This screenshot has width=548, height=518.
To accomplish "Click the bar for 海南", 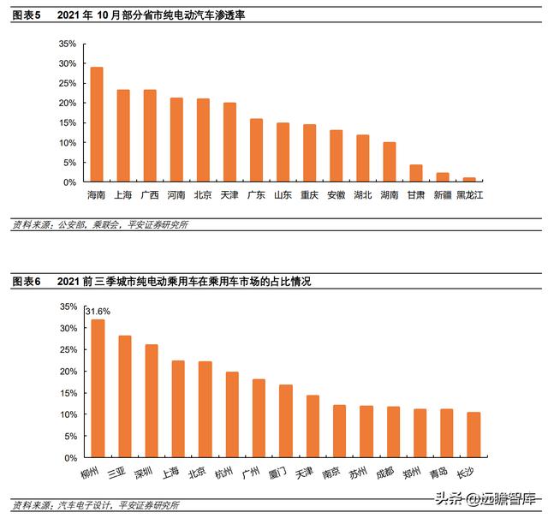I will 97,125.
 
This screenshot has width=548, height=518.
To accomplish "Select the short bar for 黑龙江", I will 469,180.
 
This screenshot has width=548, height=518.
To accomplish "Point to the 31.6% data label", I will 97,312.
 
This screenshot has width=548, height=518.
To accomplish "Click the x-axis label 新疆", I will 442,195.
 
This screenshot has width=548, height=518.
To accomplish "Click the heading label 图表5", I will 27,15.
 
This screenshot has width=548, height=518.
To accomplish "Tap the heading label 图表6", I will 27,282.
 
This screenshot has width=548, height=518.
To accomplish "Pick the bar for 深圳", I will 152,402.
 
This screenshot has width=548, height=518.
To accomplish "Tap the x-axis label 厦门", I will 284,472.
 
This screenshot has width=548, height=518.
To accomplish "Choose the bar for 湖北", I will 363,158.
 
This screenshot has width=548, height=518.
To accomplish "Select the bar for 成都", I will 393,432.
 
